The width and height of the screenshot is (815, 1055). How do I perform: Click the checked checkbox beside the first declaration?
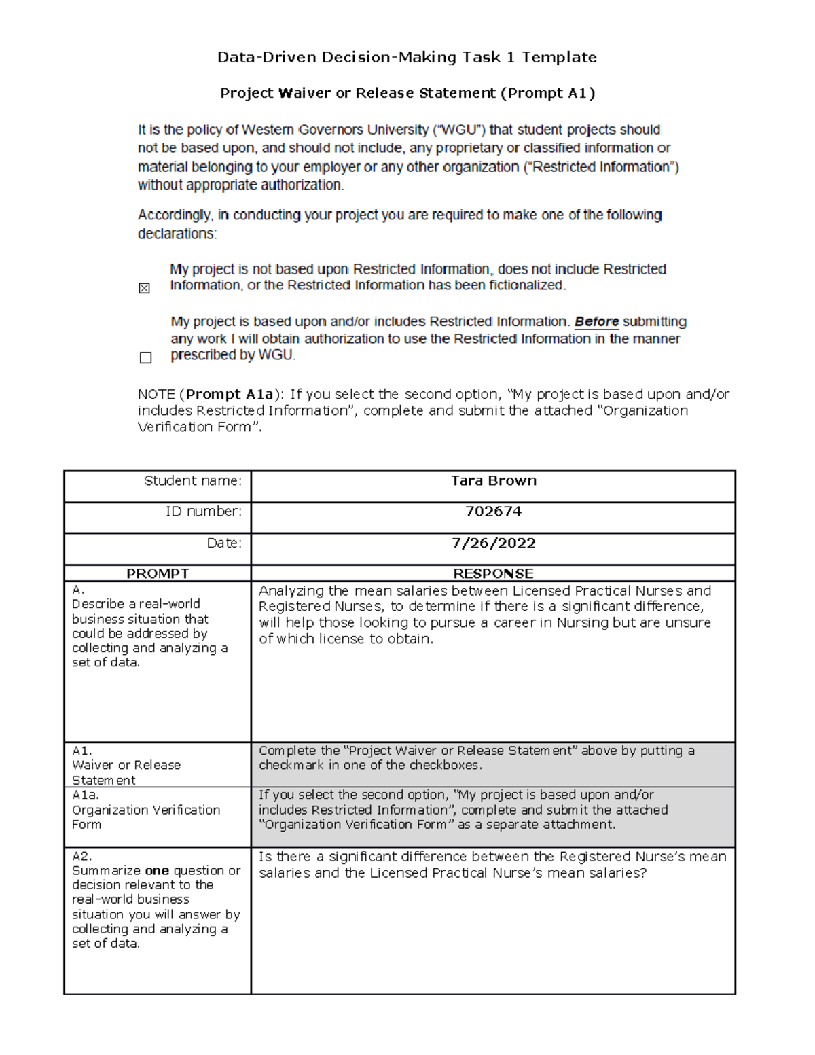tap(144, 288)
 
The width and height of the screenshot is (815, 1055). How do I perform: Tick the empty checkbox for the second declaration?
tap(145, 357)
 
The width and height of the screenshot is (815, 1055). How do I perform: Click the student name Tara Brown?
tap(493, 481)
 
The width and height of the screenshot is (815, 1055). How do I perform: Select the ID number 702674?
tap(493, 512)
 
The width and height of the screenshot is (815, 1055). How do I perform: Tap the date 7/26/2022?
tap(493, 543)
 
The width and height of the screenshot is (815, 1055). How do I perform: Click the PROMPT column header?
tap(158, 573)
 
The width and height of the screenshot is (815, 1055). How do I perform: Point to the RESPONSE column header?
tap(493, 573)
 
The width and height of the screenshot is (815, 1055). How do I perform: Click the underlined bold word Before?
tap(596, 321)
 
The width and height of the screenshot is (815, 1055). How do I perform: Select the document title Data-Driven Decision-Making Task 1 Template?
tap(407, 58)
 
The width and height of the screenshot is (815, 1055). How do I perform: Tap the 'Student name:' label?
tap(192, 481)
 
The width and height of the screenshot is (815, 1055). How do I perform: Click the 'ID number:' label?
tap(203, 512)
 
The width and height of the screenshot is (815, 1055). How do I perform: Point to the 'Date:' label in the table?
tap(224, 543)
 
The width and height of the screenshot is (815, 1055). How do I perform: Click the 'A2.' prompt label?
tap(81, 856)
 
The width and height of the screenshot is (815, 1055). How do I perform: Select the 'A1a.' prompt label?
tap(85, 795)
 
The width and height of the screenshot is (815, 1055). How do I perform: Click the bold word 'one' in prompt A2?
tap(157, 870)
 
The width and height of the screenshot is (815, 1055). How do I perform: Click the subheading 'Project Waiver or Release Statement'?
tap(358, 93)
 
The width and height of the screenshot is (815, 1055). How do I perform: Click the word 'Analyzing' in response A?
tap(290, 591)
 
